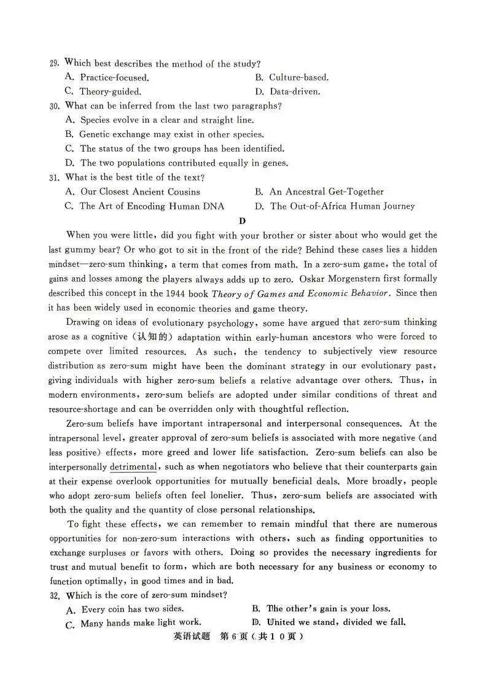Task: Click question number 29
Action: pos(53,63)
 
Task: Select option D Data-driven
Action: pos(295,92)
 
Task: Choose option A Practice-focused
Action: pos(107,77)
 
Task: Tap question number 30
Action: pos(54,106)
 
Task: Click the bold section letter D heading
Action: pos(243,221)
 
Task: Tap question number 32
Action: pos(55,595)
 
